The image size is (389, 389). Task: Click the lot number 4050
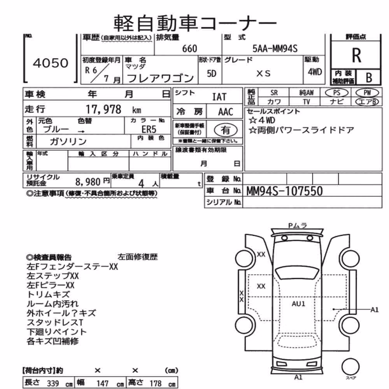coord(51,63)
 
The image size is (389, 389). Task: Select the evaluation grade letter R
coord(356,55)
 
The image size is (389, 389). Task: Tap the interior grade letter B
coord(369,78)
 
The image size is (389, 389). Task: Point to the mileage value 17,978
coord(103,109)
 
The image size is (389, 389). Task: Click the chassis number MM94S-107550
coord(285,191)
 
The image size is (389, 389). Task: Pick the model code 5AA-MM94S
coord(275,48)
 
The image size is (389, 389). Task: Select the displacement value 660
coord(189,49)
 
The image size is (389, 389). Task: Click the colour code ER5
coord(149,130)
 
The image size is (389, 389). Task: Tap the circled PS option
coord(336,93)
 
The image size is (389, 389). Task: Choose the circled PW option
coord(367,93)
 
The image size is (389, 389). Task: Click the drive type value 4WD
coord(315,72)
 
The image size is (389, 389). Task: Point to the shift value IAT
coord(219,97)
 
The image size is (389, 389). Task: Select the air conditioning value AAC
coord(226,112)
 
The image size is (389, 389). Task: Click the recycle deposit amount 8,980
coord(88,182)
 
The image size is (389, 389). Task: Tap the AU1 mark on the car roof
coord(298,304)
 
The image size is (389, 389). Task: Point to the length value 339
coord(53,383)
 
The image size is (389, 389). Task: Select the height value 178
coord(156,383)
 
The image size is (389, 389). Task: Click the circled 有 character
coord(226,130)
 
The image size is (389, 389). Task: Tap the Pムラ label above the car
coord(298,226)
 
